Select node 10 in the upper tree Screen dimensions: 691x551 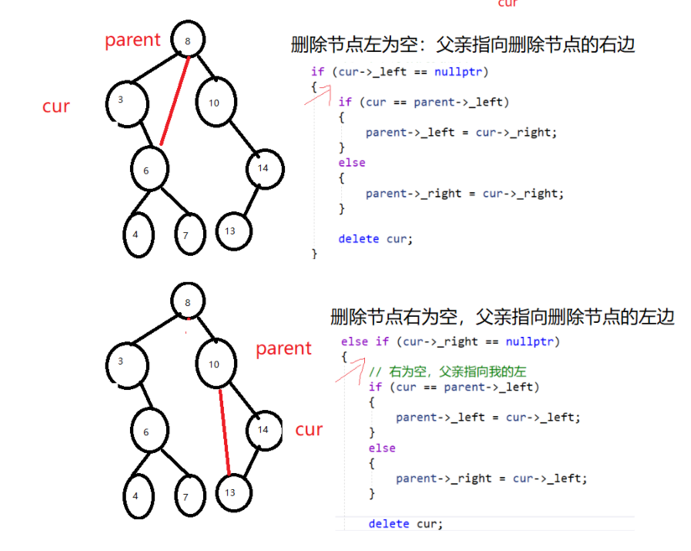point(214,102)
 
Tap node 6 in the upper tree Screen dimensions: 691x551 point(149,169)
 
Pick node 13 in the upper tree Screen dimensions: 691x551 point(233,231)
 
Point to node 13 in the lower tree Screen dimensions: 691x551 point(230,491)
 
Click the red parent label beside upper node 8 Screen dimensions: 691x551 point(132,40)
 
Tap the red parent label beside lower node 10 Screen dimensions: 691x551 point(283,348)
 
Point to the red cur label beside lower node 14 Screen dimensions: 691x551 point(309,429)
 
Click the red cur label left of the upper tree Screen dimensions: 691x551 point(56,107)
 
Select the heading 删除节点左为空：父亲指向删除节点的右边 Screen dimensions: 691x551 point(462,44)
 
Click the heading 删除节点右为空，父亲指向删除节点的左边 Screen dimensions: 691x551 point(502,318)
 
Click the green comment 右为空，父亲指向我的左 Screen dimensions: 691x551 point(451,371)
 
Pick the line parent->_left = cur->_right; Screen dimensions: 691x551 point(460,133)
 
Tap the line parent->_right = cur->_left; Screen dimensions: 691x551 point(491,478)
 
